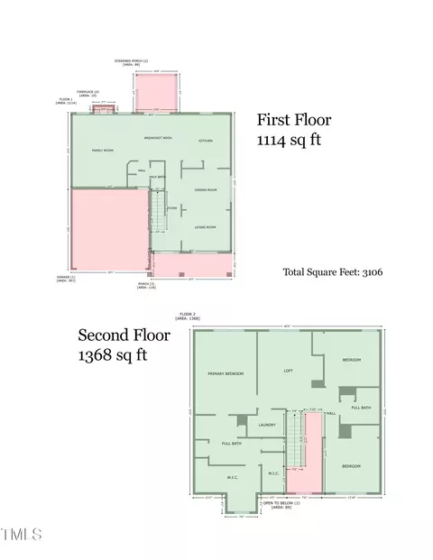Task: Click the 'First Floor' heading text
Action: (294, 120)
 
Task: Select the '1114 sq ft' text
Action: (288, 141)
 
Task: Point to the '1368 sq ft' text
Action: (112, 354)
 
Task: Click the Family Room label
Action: (102, 151)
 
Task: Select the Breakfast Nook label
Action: (159, 137)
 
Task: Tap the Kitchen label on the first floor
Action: (206, 142)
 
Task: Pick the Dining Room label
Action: (207, 190)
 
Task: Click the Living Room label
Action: (207, 227)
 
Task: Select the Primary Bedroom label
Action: (226, 372)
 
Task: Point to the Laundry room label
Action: (266, 425)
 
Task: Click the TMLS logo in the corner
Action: (22, 535)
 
